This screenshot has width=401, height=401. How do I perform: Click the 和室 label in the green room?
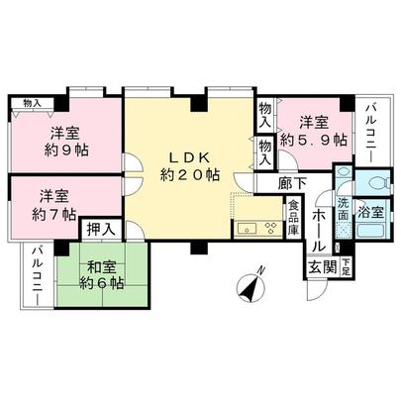tap(100, 265)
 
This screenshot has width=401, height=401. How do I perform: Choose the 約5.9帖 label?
tap(313, 141)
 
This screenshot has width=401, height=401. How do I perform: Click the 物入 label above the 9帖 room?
tap(32, 102)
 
